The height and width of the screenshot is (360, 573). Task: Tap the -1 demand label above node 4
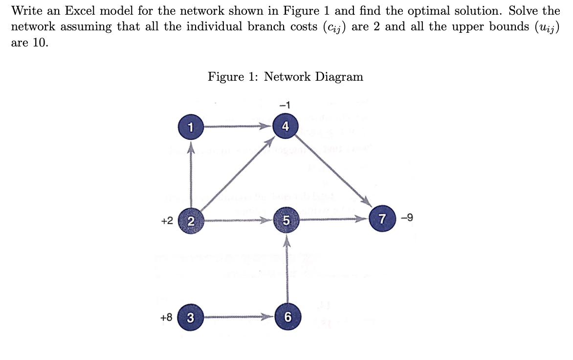[285, 104]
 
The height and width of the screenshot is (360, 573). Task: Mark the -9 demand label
[406, 217]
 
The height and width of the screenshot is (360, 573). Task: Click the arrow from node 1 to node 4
[237, 126]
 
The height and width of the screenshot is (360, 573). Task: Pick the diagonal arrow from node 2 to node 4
[237, 174]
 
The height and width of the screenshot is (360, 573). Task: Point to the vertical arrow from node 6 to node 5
[287, 269]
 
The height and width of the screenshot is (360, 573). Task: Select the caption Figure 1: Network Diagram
[286, 77]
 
